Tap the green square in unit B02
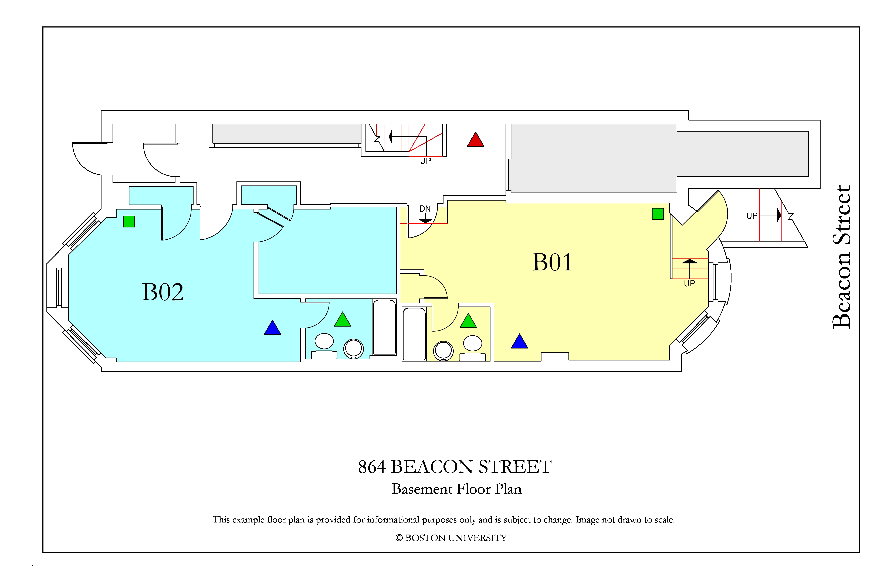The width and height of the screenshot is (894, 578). coord(129,221)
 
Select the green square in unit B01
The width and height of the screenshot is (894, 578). coord(658,214)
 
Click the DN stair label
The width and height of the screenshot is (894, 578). coord(425,209)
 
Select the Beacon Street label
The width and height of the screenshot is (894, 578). coord(841,257)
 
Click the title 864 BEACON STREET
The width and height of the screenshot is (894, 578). coord(455,467)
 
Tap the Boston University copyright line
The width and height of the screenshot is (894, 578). coord(451,538)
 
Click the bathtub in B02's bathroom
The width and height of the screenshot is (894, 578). coord(384,327)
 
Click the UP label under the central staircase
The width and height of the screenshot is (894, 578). coord(426,161)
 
